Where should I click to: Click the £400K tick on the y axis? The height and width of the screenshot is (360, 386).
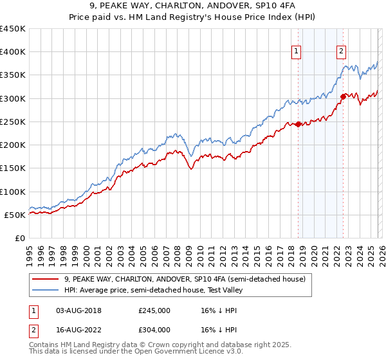[13, 52]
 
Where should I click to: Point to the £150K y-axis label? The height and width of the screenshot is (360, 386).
[13, 168]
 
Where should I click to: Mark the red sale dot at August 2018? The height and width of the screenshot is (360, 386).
[299, 125]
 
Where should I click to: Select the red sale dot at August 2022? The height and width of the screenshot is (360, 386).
[343, 97]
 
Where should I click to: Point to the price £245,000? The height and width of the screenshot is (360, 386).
[154, 310]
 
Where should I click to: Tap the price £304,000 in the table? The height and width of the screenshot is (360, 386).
[154, 329]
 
